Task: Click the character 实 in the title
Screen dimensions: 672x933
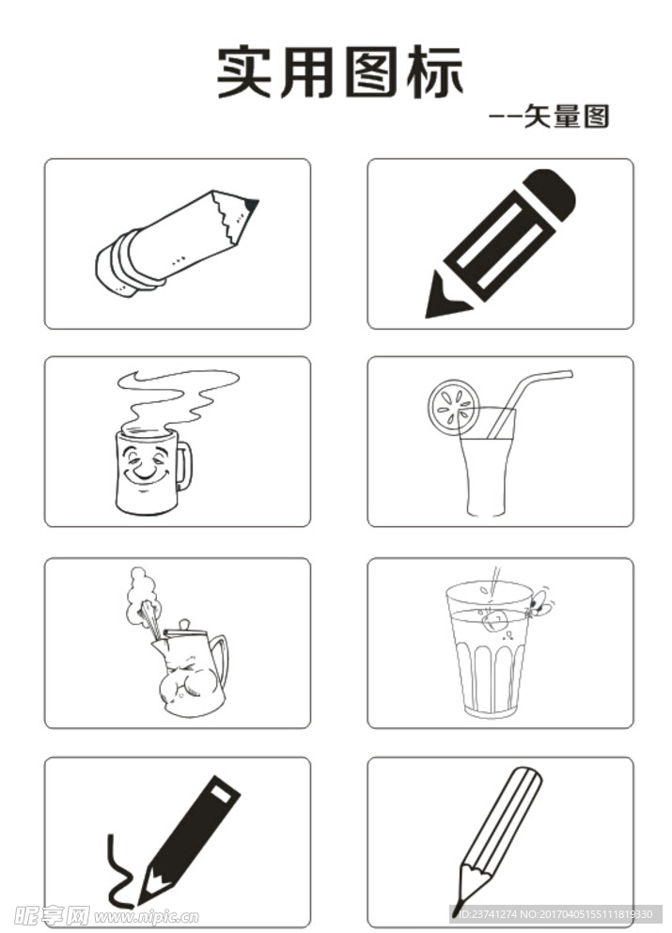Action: click(x=244, y=71)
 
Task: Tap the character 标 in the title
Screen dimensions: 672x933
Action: click(x=435, y=71)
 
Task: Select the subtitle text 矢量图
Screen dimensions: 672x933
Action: click(x=567, y=116)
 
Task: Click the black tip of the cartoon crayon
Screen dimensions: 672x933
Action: click(x=251, y=205)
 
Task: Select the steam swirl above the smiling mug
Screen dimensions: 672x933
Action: click(x=176, y=398)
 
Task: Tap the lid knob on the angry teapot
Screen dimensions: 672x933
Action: click(x=184, y=625)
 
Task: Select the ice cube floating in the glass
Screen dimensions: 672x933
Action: click(x=494, y=619)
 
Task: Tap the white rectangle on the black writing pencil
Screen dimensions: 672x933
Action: click(x=220, y=793)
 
